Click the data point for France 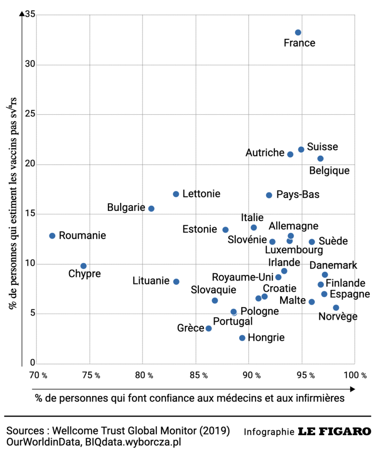click(x=298, y=33)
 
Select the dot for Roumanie click(x=52, y=236)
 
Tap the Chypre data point click(x=84, y=266)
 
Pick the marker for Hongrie click(x=242, y=338)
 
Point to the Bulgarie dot click(x=151, y=208)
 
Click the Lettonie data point click(x=176, y=194)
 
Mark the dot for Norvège click(x=336, y=308)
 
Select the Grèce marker click(x=209, y=328)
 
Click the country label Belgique click(x=330, y=171)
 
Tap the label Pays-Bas click(x=297, y=195)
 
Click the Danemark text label click(x=333, y=265)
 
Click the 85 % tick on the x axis click(x=199, y=376)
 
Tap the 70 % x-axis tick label click(x=38, y=376)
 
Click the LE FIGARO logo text click(x=334, y=431)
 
